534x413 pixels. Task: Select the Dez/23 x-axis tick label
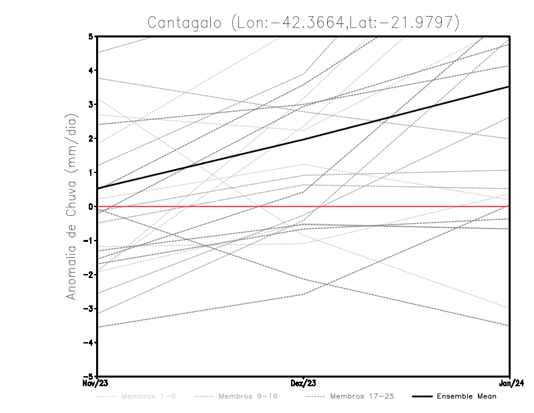304,384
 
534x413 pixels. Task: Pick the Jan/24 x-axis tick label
509,384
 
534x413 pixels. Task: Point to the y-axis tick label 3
91,104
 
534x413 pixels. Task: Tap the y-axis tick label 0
91,206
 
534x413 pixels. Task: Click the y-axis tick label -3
89,309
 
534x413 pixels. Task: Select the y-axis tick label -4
89,343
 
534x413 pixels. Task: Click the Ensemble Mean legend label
467,396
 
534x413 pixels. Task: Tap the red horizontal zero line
400,206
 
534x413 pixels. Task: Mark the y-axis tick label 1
91,172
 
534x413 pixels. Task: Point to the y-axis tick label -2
89,275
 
